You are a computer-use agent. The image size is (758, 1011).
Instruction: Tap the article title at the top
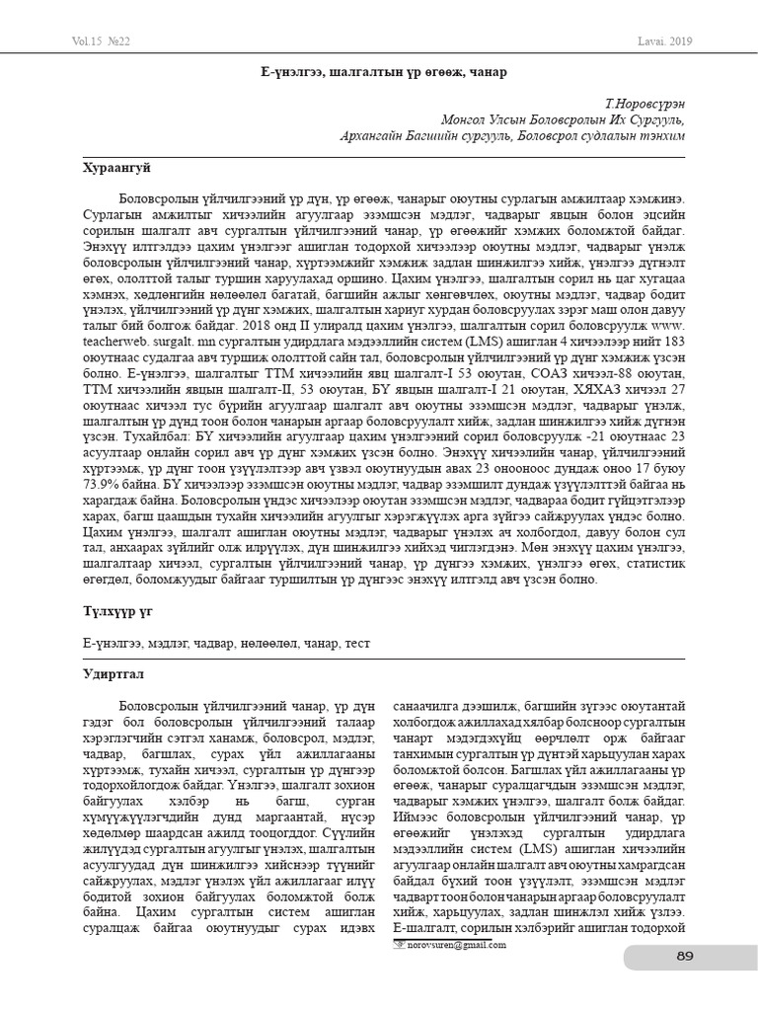tap(378, 72)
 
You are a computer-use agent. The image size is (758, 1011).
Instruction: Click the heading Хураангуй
tap(115, 169)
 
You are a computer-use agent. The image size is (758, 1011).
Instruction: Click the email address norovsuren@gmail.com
tap(457, 945)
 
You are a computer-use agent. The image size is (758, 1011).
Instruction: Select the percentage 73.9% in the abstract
tap(102, 487)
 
